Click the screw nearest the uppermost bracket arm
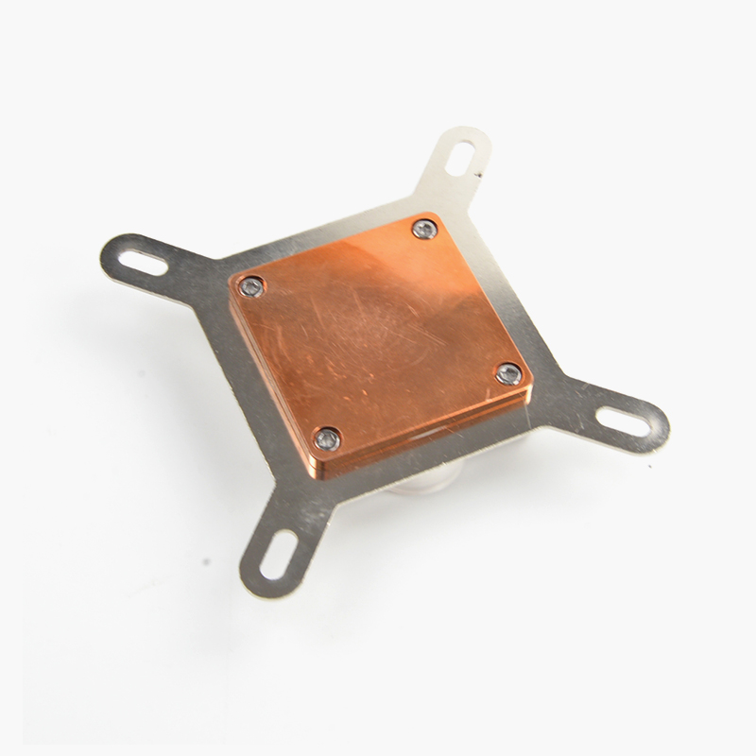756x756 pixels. pos(424,229)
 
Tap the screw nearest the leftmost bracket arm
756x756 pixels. pos(250,286)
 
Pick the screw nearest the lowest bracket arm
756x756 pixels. pos(327,438)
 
